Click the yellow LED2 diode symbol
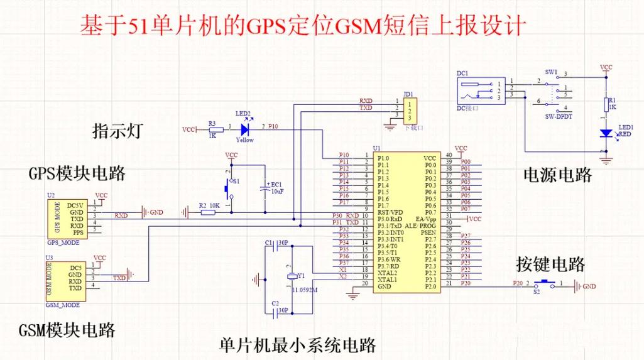[x=244, y=129]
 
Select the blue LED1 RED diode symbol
[x=606, y=133]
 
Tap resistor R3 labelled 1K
[x=212, y=129]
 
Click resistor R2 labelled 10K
[x=208, y=212]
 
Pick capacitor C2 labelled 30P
[x=272, y=310]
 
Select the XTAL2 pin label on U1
[x=388, y=273]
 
